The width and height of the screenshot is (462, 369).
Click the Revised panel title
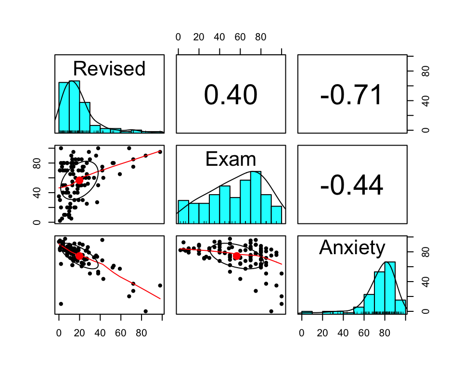tap(109, 69)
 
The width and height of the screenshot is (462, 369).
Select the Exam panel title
tap(231, 159)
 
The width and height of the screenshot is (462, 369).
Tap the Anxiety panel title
tap(352, 247)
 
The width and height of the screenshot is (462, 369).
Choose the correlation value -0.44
tap(352, 185)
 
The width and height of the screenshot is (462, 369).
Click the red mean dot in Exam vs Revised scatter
tap(79, 180)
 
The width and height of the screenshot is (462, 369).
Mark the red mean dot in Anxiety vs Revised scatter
tap(79, 256)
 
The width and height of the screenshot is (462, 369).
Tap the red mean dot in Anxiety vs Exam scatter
tap(236, 256)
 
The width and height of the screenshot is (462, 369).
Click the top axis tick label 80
tap(260, 37)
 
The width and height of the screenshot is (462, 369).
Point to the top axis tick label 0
tap(179, 37)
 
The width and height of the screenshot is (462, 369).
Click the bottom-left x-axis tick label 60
tap(121, 332)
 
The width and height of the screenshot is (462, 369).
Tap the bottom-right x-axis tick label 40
tap(343, 332)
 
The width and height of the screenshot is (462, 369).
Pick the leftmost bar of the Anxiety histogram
tap(307, 313)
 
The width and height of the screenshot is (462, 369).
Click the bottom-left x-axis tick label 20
tap(79, 332)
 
